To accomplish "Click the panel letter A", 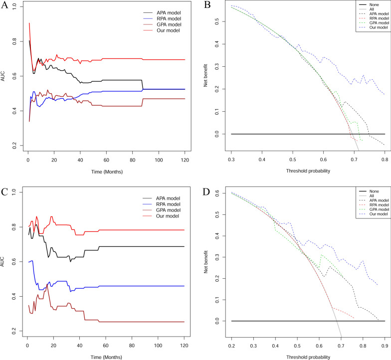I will [5, 6].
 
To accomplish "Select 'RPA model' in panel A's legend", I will [157, 17].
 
